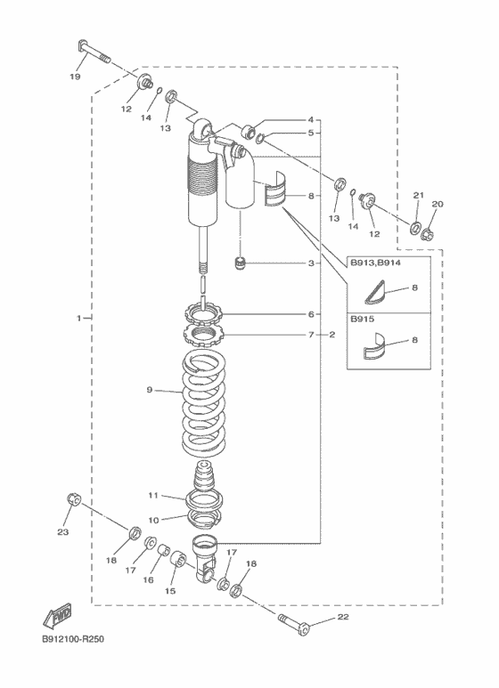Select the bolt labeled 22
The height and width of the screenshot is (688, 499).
294,625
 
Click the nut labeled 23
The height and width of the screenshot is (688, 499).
73,499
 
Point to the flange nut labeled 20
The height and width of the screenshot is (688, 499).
427,235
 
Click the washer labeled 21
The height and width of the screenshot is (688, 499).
414,228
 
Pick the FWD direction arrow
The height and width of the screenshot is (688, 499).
57,614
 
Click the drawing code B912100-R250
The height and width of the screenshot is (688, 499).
73,639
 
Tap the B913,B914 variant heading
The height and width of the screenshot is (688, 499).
375,263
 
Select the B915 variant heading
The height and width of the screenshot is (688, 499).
363,319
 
